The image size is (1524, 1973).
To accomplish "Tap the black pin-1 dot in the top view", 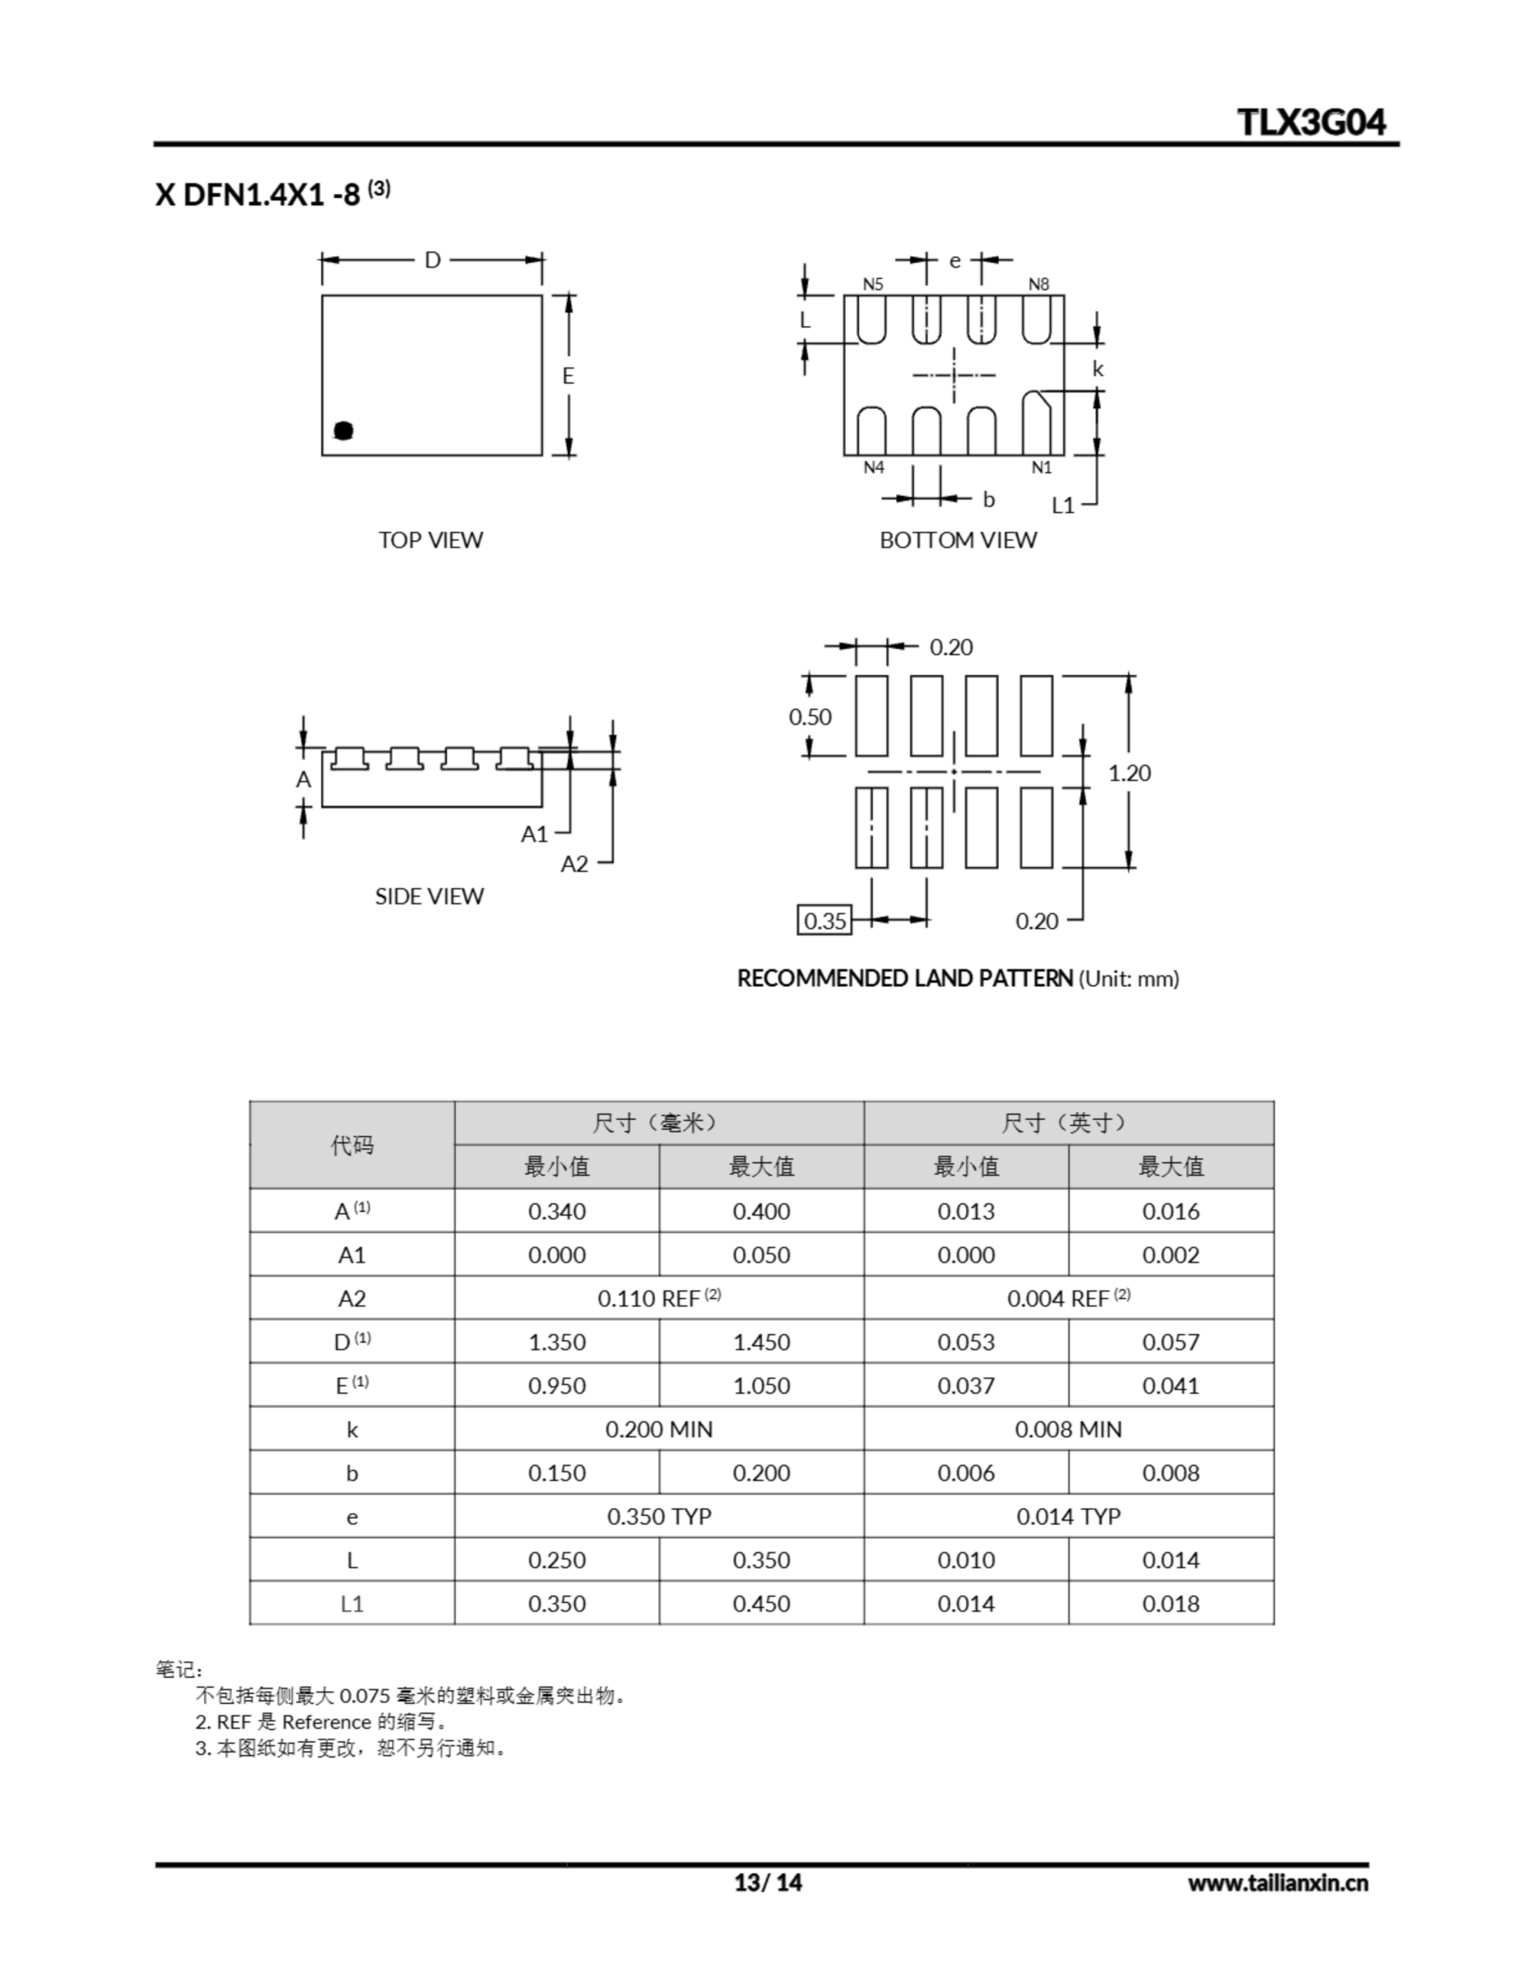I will [x=344, y=431].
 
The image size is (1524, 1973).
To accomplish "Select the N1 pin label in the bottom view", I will [x=1042, y=467].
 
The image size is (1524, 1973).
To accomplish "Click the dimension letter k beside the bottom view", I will [x=1098, y=368].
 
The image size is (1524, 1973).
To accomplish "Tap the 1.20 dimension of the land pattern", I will [x=1130, y=772].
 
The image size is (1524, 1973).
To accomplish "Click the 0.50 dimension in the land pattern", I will [x=810, y=717].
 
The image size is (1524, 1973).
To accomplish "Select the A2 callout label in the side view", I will [x=574, y=865].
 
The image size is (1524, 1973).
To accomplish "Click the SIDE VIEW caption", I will [x=429, y=896].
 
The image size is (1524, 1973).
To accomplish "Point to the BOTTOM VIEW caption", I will [x=958, y=539].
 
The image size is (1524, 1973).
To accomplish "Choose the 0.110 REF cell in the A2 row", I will [x=659, y=1298].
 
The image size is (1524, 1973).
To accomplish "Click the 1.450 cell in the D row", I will [x=760, y=1342].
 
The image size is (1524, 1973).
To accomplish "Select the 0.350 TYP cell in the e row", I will [x=659, y=1516].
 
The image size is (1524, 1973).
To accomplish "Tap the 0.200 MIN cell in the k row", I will [x=659, y=1429].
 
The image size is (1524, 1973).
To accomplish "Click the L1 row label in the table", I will [x=351, y=1604].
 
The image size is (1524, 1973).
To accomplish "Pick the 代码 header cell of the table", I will [x=351, y=1144].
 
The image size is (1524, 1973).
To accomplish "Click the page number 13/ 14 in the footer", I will [x=768, y=1882].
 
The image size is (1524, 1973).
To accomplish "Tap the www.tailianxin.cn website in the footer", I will [x=1277, y=1883].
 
